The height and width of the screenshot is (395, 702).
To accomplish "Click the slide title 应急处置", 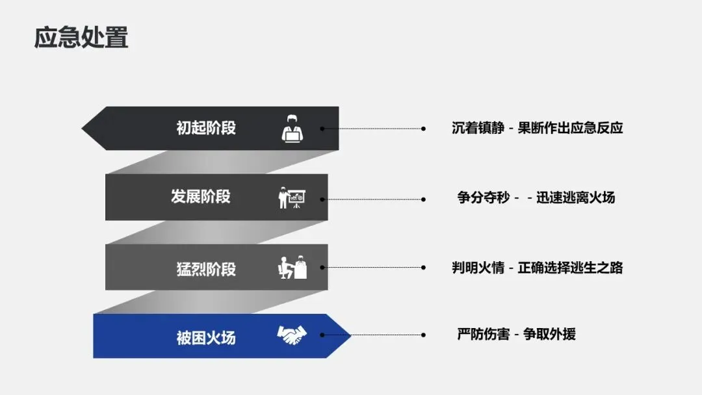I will (81, 37).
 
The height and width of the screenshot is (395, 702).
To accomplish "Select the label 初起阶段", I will (206, 128).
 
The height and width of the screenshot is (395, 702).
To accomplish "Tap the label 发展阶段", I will (201, 196).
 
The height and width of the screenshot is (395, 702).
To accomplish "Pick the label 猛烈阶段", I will (206, 268).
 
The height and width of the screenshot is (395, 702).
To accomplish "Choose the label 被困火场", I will (206, 337).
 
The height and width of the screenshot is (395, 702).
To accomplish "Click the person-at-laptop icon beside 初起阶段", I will (292, 129).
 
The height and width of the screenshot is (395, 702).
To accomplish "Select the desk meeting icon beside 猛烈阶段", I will (292, 268).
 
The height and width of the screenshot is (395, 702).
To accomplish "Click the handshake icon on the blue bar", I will (292, 335).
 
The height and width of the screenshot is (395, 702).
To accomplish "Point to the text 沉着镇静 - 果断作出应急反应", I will (537, 128).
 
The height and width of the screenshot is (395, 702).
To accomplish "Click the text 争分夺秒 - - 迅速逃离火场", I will (536, 197).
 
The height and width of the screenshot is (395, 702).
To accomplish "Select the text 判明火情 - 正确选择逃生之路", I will (537, 267).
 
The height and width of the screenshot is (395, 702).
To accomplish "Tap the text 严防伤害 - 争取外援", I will (516, 335).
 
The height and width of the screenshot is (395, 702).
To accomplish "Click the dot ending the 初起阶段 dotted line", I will (423, 129).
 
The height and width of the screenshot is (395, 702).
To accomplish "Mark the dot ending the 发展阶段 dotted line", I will (423, 199).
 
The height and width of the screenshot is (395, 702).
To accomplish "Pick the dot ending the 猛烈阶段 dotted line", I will (423, 267).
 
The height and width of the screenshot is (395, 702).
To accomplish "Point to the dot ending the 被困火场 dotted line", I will (423, 335).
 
